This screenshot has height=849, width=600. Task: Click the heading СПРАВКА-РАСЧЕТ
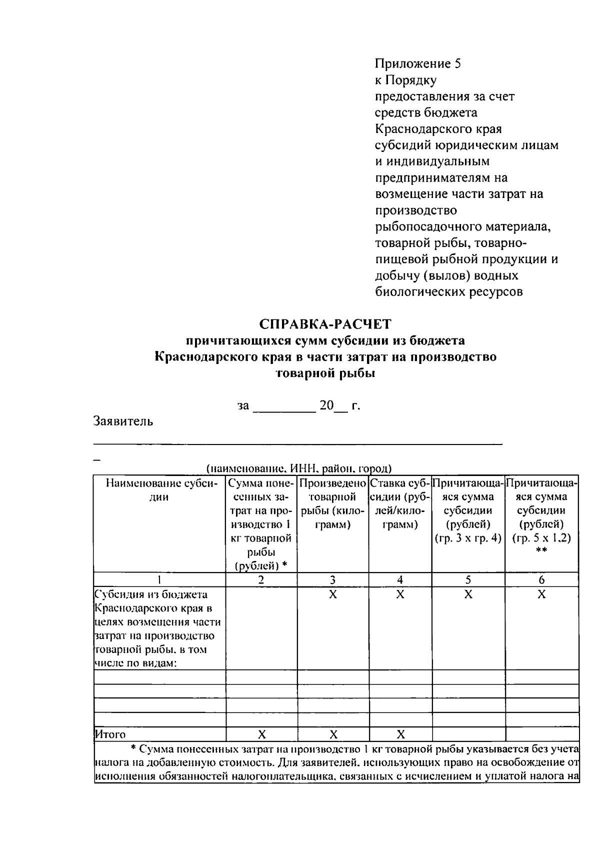pyautogui.click(x=325, y=324)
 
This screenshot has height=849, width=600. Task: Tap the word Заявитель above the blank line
pyautogui.click(x=123, y=421)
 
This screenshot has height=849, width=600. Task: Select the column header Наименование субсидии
pyautogui.click(x=159, y=490)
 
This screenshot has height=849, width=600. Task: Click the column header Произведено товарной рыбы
pyautogui.click(x=332, y=503)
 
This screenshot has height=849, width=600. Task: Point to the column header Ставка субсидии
pyautogui.click(x=400, y=503)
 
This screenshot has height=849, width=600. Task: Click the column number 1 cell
pyautogui.click(x=159, y=579)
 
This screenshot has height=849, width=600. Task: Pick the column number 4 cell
pyautogui.click(x=400, y=579)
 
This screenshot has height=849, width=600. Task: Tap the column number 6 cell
pyautogui.click(x=541, y=579)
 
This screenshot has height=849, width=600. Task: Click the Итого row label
pyautogui.click(x=110, y=734)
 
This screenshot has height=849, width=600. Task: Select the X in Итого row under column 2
pyautogui.click(x=261, y=734)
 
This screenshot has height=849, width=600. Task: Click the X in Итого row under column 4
pyautogui.click(x=400, y=734)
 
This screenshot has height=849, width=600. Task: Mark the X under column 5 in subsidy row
pyautogui.click(x=468, y=594)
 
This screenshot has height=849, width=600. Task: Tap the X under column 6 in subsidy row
pyautogui.click(x=541, y=594)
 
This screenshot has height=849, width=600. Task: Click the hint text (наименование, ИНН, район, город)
pyautogui.click(x=299, y=468)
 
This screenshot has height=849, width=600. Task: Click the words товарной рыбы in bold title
pyautogui.click(x=325, y=373)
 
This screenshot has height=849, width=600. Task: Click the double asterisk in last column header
pyautogui.click(x=541, y=551)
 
